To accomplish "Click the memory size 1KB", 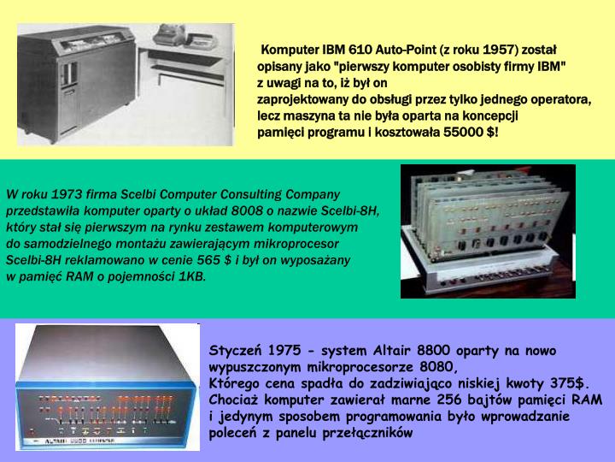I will point(190,275).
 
